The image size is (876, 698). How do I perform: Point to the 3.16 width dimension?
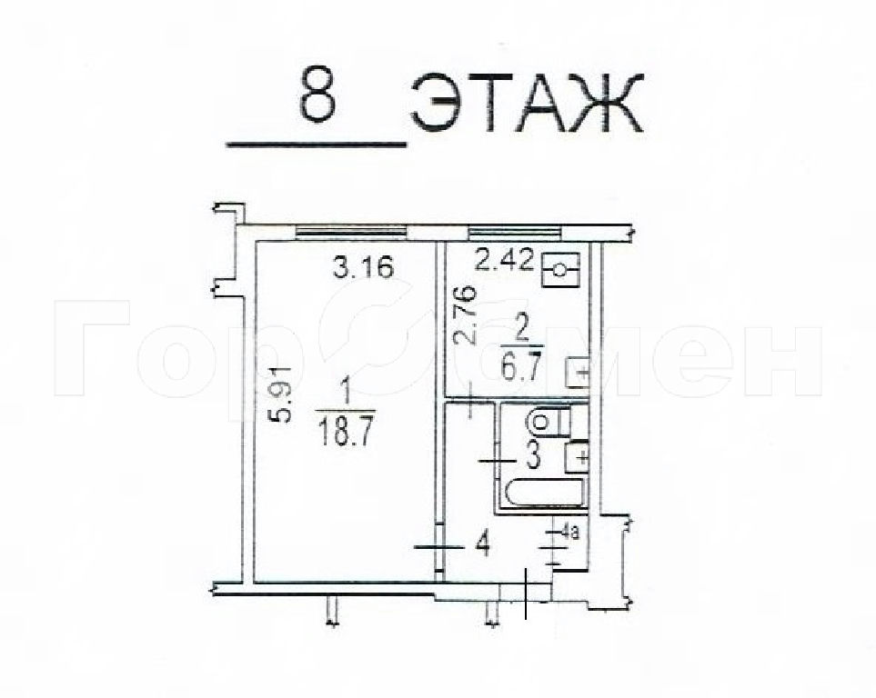pyautogui.click(x=364, y=267)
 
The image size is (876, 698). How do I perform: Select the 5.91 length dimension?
pyautogui.click(x=283, y=394)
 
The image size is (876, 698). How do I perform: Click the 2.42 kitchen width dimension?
pyautogui.click(x=504, y=260)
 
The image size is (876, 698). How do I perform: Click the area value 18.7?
pyautogui.click(x=344, y=433)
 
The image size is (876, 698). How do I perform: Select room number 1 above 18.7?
pyautogui.click(x=345, y=397)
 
